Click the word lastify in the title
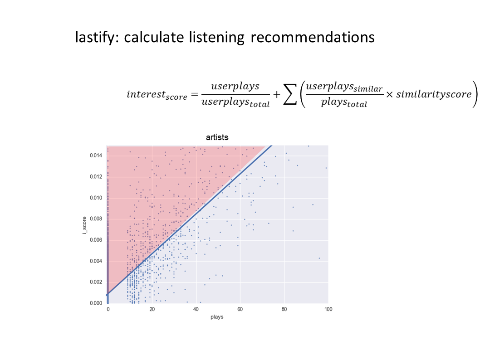tap(95, 37)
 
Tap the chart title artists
tap(217, 137)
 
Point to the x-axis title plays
tap(217, 317)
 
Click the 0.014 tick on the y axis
tap(96, 156)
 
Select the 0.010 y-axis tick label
tap(96, 198)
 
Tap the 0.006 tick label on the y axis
tap(96, 240)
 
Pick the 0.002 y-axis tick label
tap(96, 282)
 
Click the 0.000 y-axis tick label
tap(96, 303)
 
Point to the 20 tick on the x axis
tap(152, 309)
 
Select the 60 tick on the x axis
tap(240, 309)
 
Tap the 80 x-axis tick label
tap(284, 309)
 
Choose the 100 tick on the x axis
tap(328, 309)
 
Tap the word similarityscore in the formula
tap(434, 94)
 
